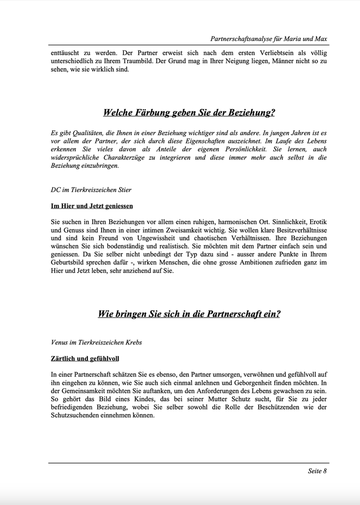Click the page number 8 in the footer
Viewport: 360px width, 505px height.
(x=325, y=471)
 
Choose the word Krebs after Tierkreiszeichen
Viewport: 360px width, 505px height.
(x=131, y=342)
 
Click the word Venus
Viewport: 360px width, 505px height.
(x=60, y=342)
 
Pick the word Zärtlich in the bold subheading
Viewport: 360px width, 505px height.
(x=66, y=359)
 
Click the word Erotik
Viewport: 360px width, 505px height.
(x=317, y=222)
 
